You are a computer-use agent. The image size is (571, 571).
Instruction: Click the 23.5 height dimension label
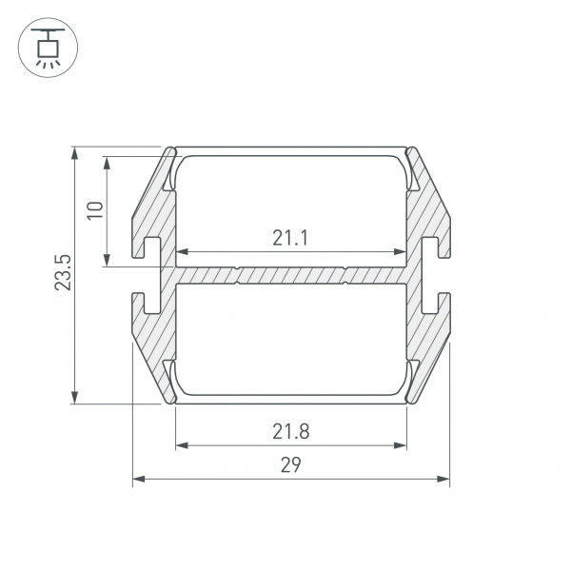click(63, 272)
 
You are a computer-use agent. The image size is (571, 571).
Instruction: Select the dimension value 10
click(94, 210)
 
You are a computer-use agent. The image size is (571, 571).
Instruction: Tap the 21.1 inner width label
click(290, 238)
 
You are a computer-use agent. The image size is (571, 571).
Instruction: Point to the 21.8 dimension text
click(291, 431)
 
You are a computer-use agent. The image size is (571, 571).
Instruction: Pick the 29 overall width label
click(291, 464)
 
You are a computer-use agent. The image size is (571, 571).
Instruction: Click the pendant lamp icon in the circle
click(48, 48)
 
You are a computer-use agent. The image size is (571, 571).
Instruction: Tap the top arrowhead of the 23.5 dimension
click(74, 153)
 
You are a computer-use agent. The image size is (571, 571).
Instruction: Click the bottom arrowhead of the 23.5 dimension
click(74, 398)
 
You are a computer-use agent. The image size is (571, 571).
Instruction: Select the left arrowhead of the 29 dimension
click(139, 479)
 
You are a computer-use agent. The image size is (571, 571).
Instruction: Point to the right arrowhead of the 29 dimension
click(443, 479)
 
